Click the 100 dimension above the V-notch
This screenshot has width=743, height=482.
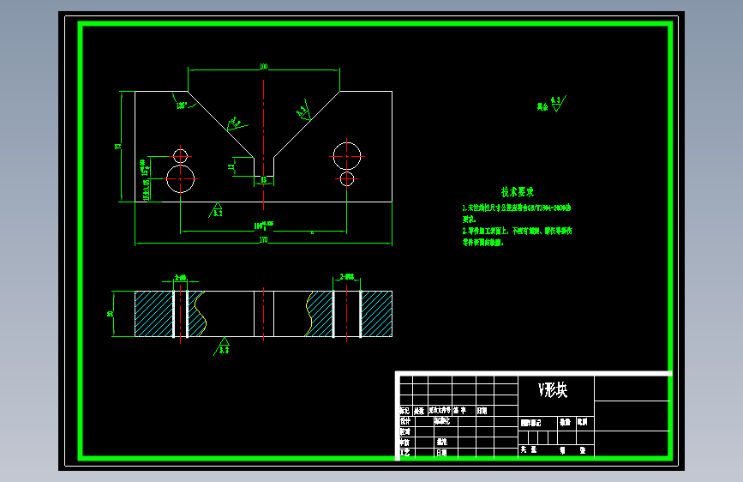point(263,66)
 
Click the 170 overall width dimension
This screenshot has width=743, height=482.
point(263,240)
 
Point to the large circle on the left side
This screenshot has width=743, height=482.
point(181,179)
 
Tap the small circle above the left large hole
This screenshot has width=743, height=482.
point(180,155)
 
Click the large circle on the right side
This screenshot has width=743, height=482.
point(346,155)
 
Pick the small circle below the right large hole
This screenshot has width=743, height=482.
point(346,178)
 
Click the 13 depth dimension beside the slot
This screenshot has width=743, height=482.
point(231,167)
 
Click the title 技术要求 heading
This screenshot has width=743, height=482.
point(518,192)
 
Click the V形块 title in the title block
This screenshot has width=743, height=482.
point(553,390)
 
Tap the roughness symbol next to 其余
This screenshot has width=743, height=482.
point(556,104)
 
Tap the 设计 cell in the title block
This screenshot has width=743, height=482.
point(404,421)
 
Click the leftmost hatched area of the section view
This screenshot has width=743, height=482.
point(153,314)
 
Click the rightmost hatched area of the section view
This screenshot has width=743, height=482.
point(375,314)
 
